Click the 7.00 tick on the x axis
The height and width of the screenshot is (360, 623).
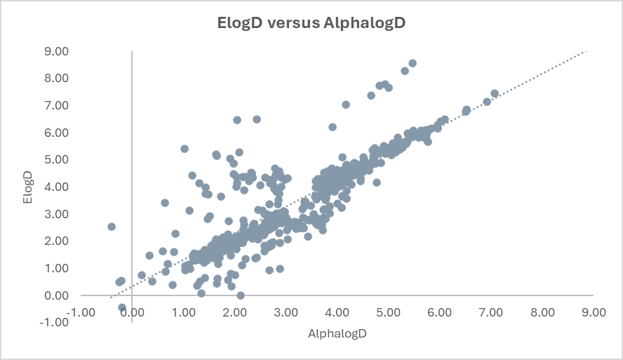(491, 312)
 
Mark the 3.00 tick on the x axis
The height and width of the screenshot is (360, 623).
(286, 312)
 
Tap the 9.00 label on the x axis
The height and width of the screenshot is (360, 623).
(594, 312)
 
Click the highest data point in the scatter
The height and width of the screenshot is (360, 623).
(413, 63)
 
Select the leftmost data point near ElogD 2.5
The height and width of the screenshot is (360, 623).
(112, 227)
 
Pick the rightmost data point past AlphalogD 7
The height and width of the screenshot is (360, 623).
(495, 93)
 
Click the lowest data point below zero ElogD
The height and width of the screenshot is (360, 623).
(122, 307)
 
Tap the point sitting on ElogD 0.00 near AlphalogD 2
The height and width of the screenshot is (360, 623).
(241, 295)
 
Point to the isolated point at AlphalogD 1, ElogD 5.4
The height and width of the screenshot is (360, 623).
(185, 149)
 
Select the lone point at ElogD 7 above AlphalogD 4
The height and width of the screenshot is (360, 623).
(346, 105)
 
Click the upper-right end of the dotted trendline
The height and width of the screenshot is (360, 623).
(585, 51)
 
